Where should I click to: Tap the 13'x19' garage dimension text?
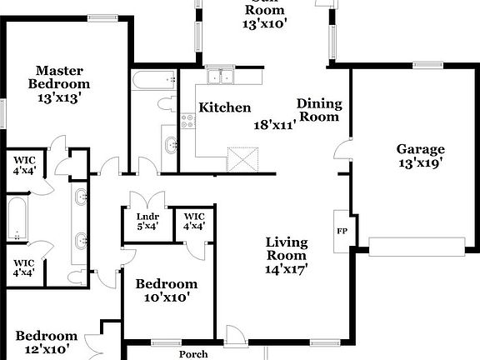420,163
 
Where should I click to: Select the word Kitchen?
224,107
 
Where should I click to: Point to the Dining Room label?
320,110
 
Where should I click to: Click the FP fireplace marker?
342,231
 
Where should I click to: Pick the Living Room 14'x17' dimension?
287,269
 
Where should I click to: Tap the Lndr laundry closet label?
147,222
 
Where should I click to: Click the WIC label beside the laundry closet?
194,222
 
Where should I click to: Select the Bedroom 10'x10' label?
167,290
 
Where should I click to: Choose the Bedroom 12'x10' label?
47,342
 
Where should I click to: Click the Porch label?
193,353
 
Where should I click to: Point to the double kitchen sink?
221,78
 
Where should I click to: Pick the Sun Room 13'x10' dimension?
265,23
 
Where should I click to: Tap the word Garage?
420,149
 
